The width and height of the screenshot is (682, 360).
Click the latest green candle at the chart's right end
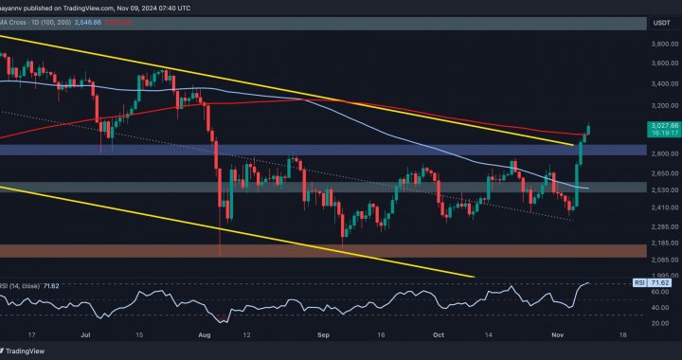pyautogui.click(x=589, y=130)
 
